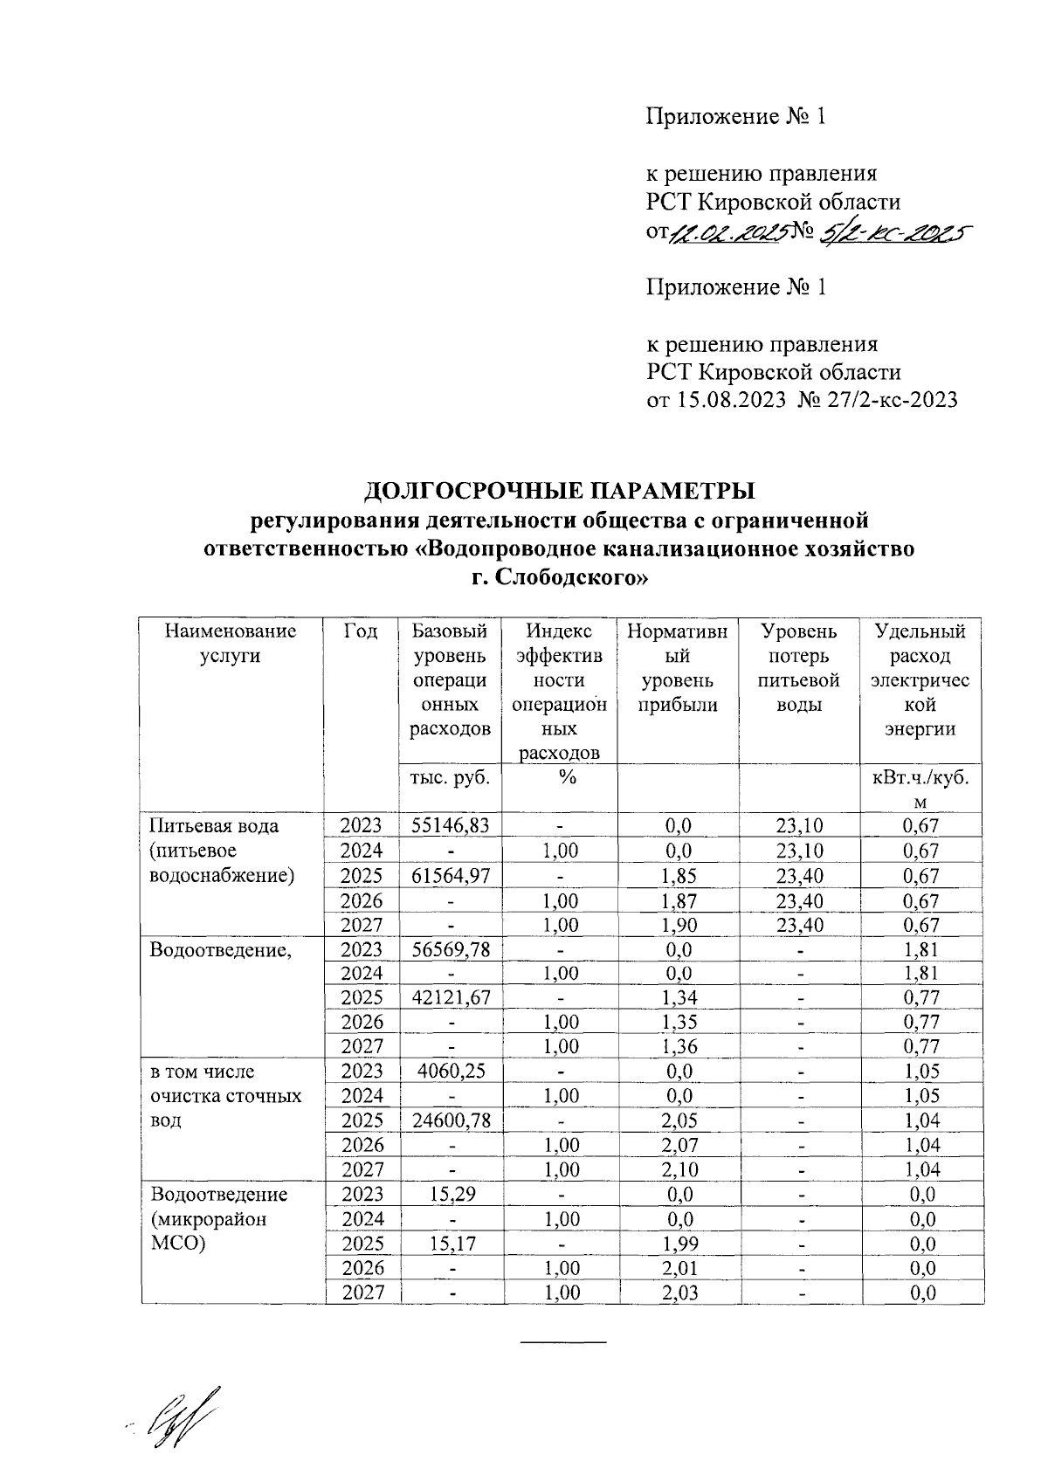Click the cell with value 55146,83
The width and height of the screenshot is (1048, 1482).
450,825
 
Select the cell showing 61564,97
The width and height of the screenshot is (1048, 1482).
450,875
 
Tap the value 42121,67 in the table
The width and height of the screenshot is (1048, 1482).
450,996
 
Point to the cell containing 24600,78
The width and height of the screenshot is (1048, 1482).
450,1120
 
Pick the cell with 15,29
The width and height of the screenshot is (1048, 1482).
450,1194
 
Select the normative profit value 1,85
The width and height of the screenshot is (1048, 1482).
677,875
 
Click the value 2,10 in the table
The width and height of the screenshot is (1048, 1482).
677,1168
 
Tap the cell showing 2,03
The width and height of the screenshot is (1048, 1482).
677,1292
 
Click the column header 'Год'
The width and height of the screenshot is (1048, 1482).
361,631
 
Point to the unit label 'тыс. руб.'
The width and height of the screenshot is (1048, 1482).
450,776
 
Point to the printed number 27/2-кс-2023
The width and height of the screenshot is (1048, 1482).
892,400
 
